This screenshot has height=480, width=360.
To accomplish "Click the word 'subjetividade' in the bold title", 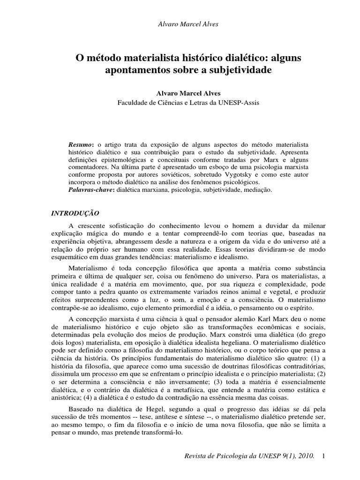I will [x=244, y=71].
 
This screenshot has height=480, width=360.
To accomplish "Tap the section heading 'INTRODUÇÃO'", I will [x=75, y=213].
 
